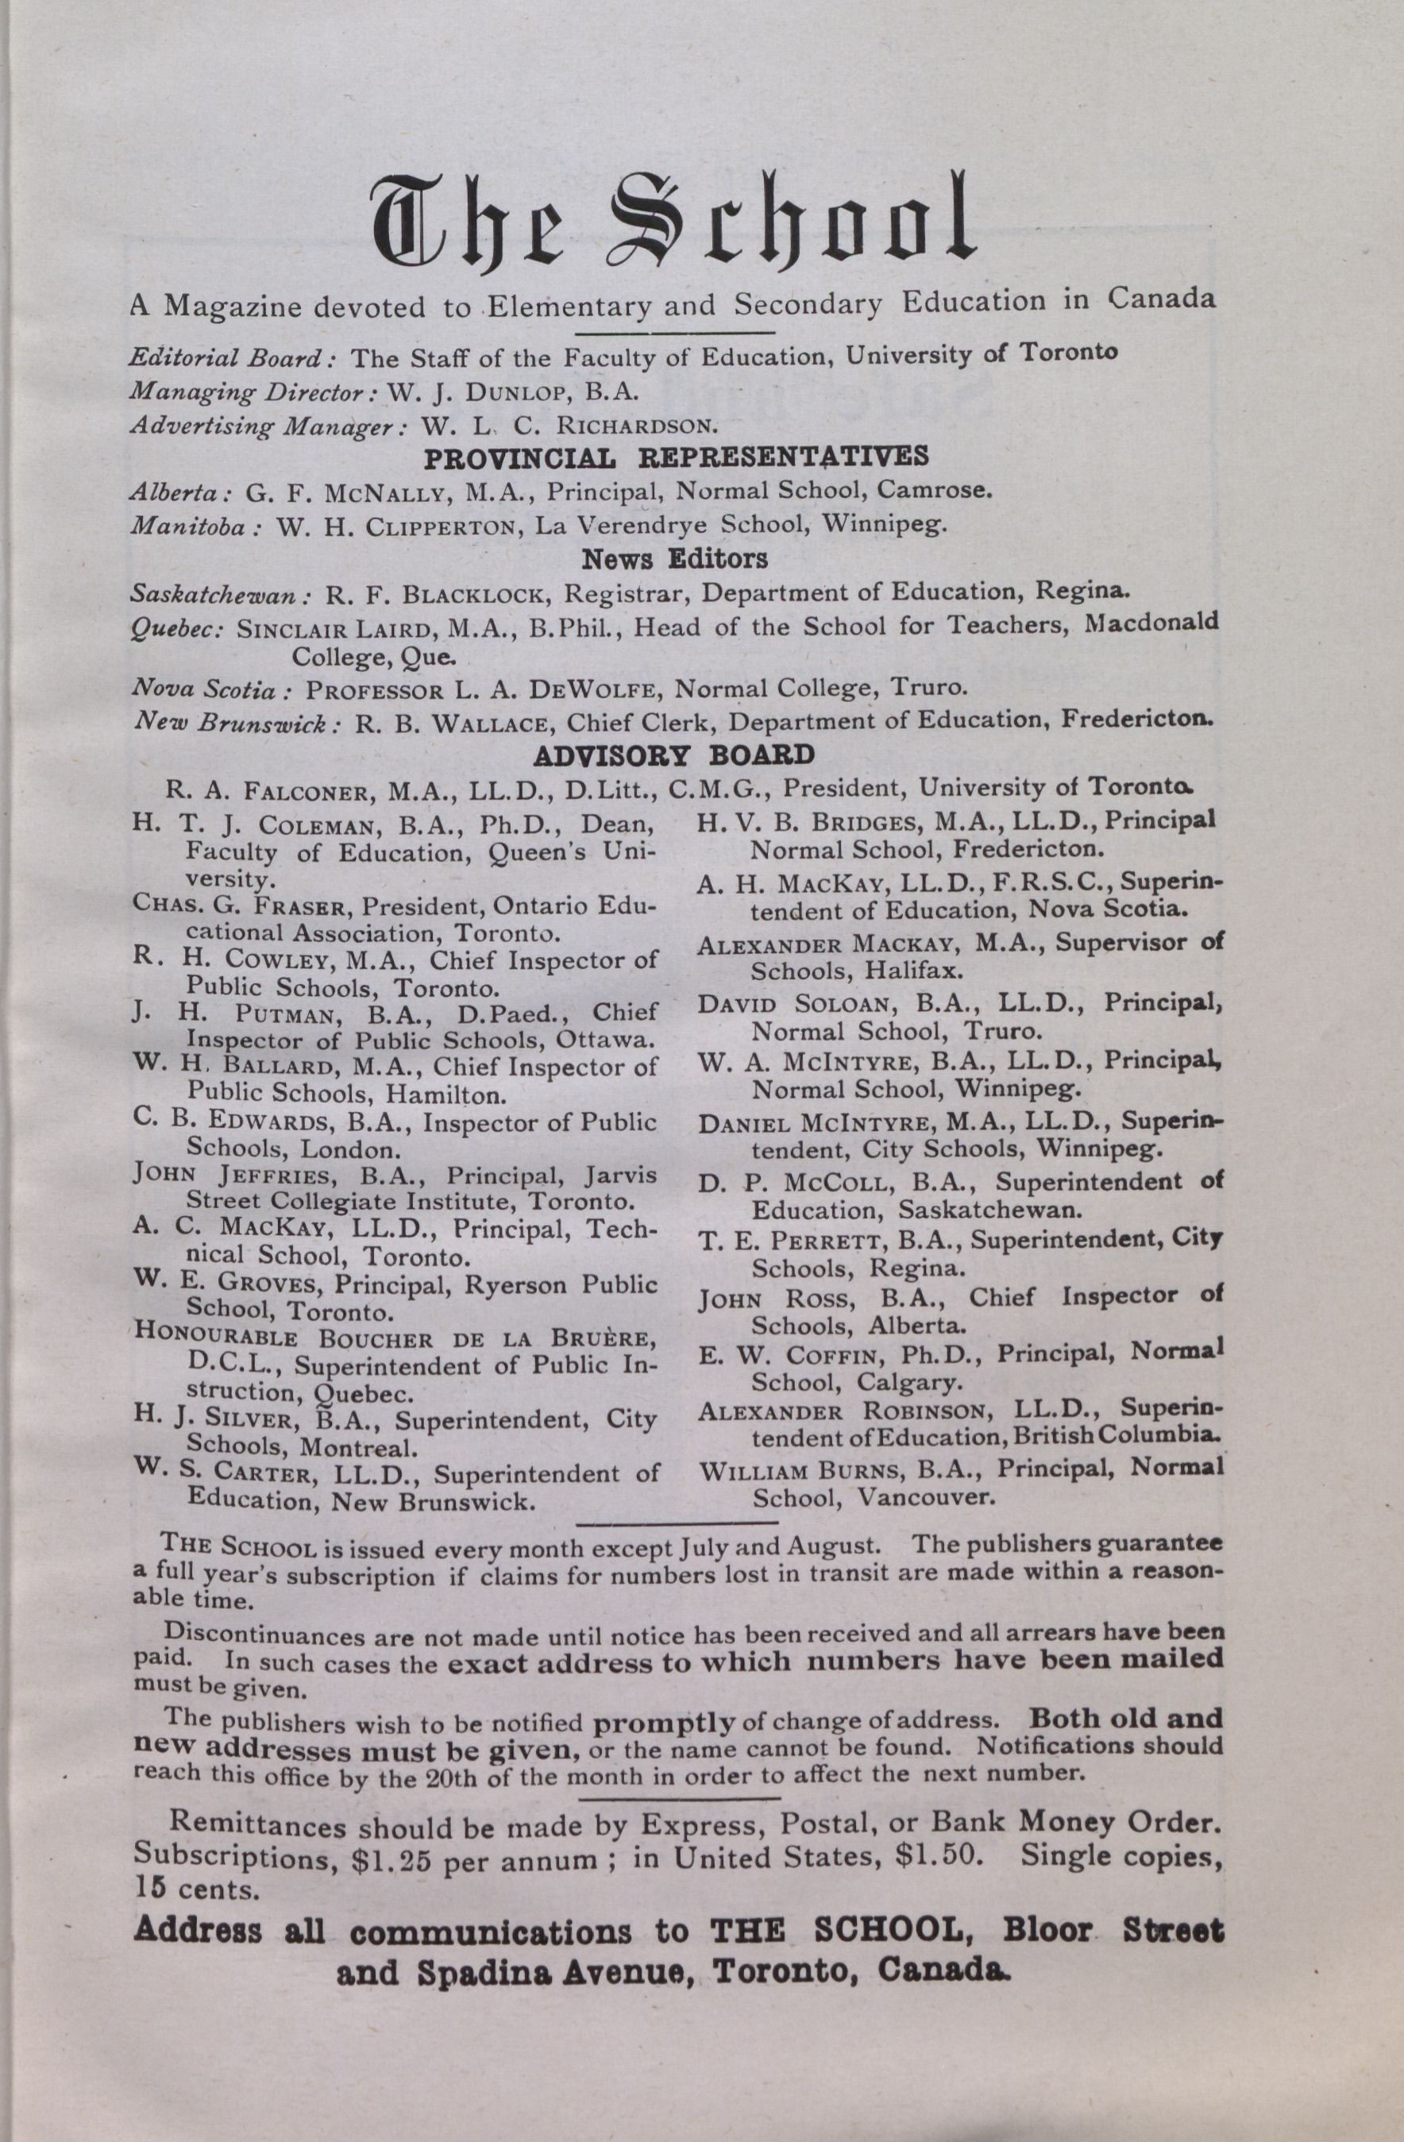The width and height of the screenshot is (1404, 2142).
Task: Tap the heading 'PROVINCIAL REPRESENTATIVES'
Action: click(676, 457)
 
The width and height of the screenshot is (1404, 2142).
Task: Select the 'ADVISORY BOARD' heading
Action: click(675, 755)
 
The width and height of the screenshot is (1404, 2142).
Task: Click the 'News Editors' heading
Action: click(675, 559)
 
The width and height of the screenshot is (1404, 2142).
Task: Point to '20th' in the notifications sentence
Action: click(440, 1777)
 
